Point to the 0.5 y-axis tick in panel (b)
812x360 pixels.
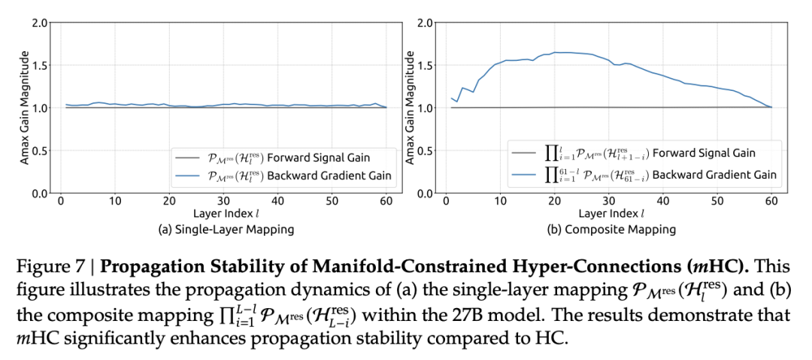coord(427,151)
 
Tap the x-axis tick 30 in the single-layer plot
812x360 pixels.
coord(223,201)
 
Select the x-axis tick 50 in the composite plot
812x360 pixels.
coord(717,201)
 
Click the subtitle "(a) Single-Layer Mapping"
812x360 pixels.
coord(223,229)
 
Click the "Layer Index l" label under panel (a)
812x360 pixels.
coord(223,215)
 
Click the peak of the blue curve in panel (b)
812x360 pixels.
coord(556,53)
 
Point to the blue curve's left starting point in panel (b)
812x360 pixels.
coord(452,98)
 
